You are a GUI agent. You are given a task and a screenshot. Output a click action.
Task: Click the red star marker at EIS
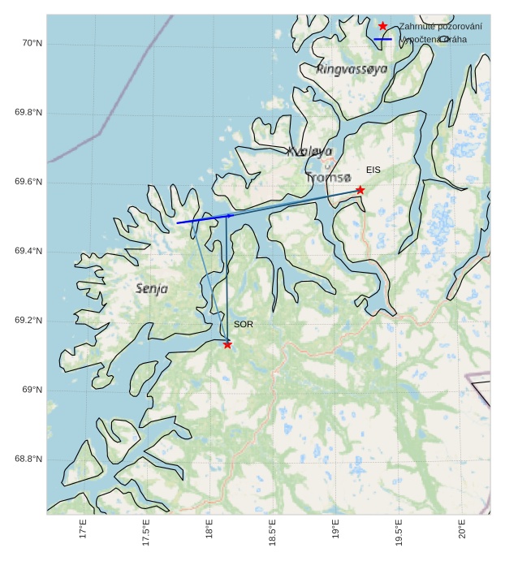pyautogui.click(x=360, y=190)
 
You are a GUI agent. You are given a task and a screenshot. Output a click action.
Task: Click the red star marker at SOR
pyautogui.click(x=227, y=344)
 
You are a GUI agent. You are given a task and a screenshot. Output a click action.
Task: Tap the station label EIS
pyautogui.click(x=373, y=170)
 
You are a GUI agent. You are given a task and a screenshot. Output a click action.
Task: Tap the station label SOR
pyautogui.click(x=244, y=325)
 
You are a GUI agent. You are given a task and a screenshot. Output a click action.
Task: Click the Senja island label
pyautogui.click(x=152, y=288)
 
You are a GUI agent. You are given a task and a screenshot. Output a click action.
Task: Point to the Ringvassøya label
pyautogui.click(x=352, y=69)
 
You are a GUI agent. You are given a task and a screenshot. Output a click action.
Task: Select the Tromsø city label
pyautogui.click(x=329, y=177)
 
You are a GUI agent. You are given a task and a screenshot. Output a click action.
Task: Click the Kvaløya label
pyautogui.click(x=309, y=151)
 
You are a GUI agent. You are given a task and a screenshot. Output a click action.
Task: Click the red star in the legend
pyautogui.click(x=382, y=26)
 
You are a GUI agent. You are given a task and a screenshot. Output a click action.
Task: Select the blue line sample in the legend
pyautogui.click(x=382, y=39)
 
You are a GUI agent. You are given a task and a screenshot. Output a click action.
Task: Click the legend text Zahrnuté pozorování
pyautogui.click(x=440, y=27)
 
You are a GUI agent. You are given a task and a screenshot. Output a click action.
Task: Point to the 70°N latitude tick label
pyautogui.click(x=31, y=43)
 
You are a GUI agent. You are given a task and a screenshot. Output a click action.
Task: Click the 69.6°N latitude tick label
pyautogui.click(x=28, y=182)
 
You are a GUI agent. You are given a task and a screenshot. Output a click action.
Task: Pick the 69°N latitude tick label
pyautogui.click(x=31, y=391)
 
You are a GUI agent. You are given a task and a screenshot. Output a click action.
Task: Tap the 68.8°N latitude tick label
pyautogui.click(x=28, y=460)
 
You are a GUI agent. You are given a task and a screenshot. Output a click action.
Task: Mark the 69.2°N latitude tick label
pyautogui.click(x=28, y=321)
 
